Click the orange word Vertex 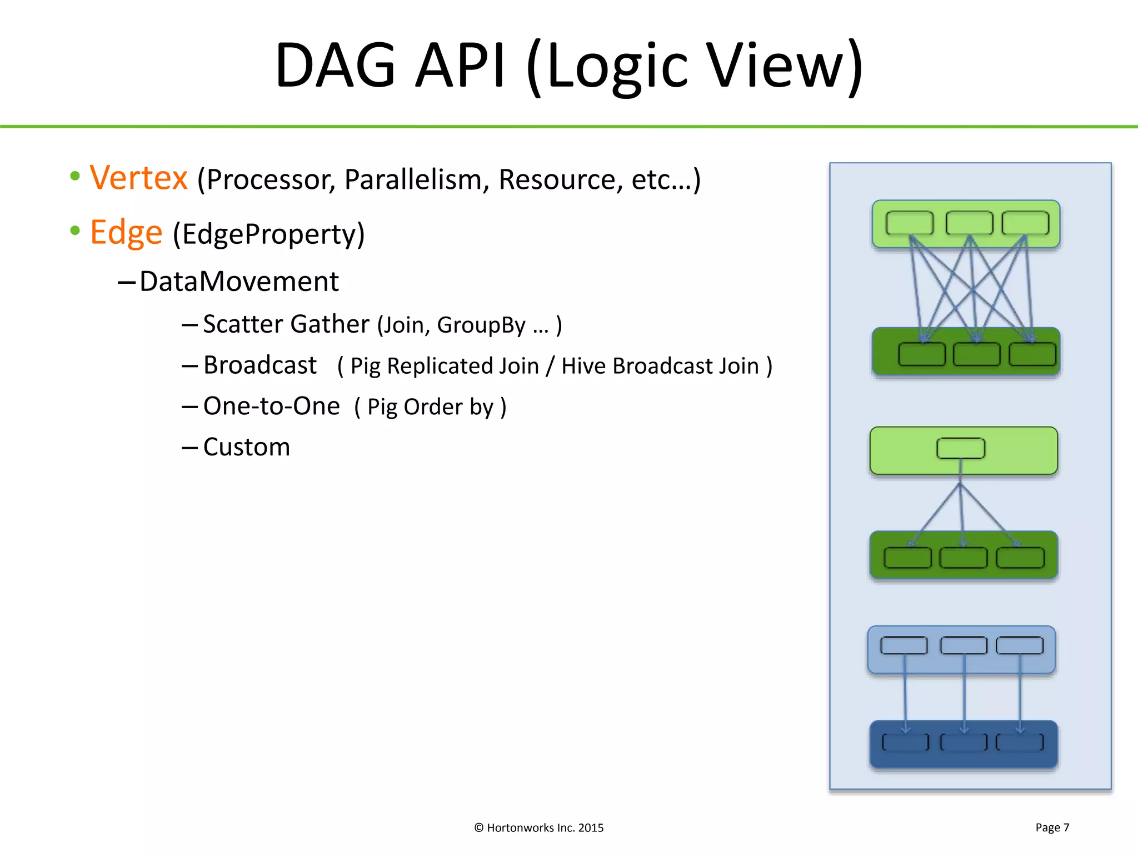138,178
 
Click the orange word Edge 126,233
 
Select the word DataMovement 239,282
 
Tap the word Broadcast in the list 260,365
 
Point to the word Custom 247,447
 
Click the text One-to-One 272,407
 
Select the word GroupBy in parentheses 481,325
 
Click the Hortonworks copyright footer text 538,827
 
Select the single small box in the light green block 961,448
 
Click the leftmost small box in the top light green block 909,223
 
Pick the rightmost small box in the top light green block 1025,223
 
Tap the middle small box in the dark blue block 964,742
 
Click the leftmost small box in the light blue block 904,645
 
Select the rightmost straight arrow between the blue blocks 1020,694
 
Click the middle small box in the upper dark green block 976,354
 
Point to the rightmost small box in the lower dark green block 1020,558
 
